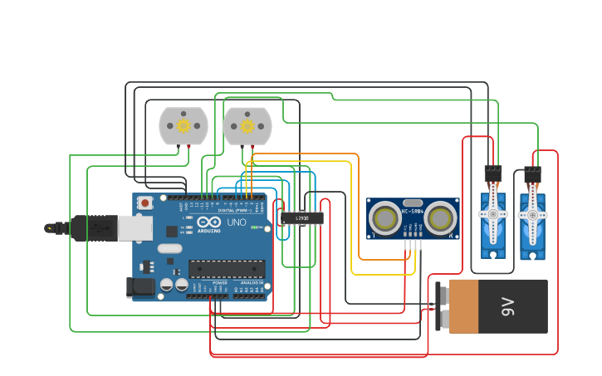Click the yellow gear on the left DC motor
183,126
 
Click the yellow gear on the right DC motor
247,126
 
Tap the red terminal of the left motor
189,147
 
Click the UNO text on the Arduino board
237,222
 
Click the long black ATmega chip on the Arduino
227,268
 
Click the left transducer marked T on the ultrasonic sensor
385,218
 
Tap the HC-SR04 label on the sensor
413,212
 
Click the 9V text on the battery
509,307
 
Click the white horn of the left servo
493,213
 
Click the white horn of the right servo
532,213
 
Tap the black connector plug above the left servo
493,173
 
